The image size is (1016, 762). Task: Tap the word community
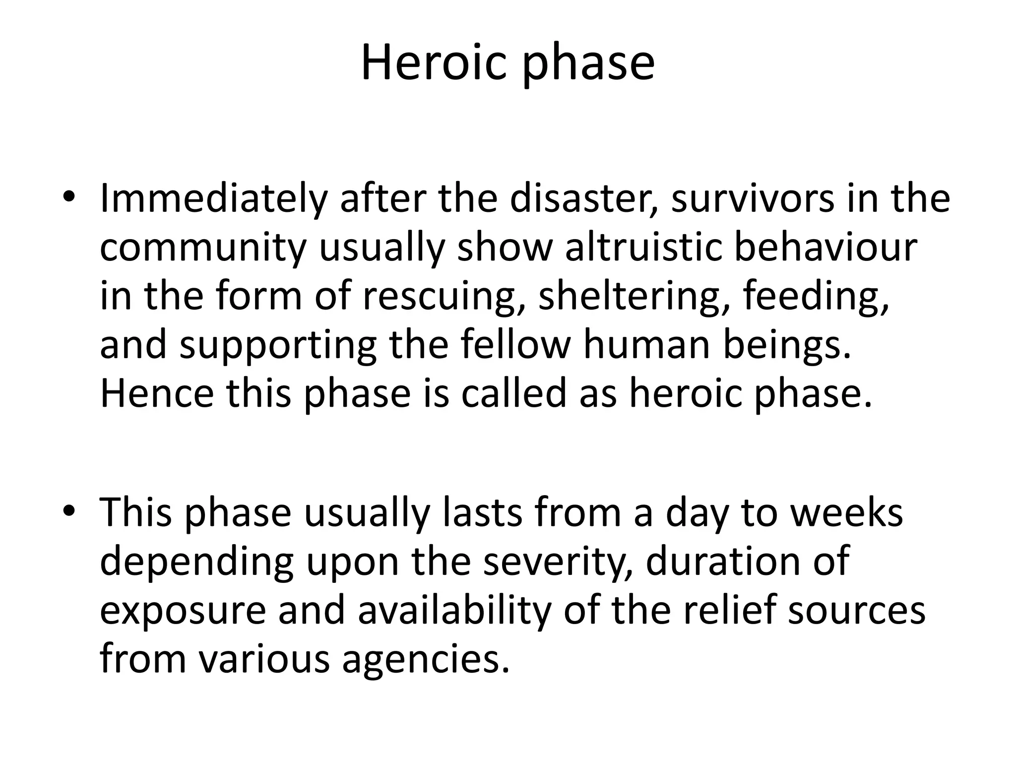point(202,248)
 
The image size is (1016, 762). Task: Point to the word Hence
point(157,393)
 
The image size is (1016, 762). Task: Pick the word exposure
point(183,611)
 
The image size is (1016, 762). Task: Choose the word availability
point(454,610)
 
